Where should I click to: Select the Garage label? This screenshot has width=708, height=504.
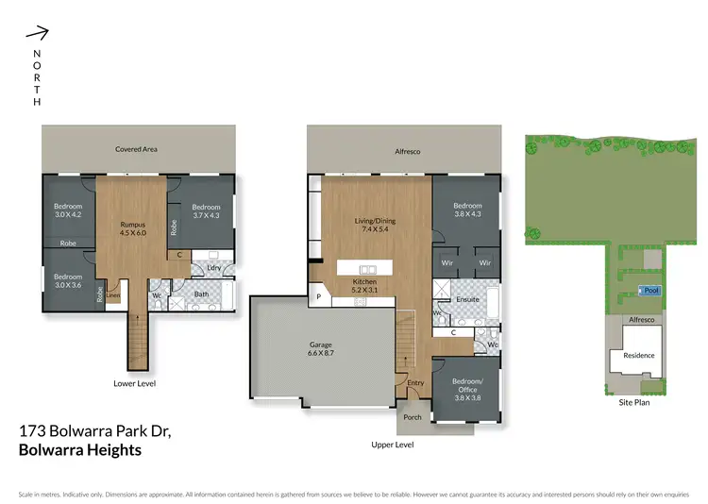323,345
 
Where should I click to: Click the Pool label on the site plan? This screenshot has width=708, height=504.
650,289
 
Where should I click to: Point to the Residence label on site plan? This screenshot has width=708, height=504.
638,356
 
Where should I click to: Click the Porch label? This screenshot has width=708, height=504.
413,416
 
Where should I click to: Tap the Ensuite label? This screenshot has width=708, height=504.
468,299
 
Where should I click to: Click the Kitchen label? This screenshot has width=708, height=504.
364,281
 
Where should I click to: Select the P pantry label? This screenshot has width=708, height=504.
318,297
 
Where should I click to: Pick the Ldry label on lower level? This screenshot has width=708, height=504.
212,268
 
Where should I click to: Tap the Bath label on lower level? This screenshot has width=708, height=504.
201,294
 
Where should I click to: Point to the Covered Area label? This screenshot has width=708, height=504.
136,149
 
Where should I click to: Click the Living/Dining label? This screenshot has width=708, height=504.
375,221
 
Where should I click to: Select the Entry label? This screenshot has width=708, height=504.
416,381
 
